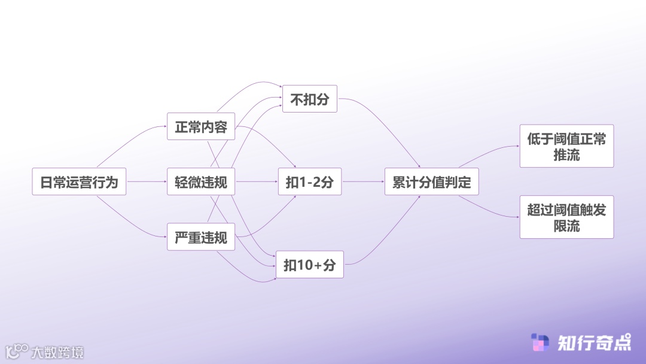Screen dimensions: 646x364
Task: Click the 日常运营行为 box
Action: [x=79, y=181]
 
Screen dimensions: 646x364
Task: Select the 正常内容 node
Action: [x=201, y=126]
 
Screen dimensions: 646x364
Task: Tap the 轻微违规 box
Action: [x=201, y=181]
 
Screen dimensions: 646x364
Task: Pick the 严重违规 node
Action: [x=201, y=236]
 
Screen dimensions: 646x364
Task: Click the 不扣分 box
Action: [x=309, y=99]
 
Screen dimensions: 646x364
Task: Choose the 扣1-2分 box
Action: [x=309, y=181]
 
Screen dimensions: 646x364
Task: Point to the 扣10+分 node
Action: [x=309, y=264]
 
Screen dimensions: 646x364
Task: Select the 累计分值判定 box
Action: [x=431, y=181]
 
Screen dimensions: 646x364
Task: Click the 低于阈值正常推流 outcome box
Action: [x=566, y=146]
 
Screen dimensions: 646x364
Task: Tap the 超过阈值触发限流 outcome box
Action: [x=566, y=217]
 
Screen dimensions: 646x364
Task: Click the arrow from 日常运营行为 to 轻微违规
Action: [x=147, y=181]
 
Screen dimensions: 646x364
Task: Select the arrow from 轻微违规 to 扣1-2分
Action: [x=256, y=181]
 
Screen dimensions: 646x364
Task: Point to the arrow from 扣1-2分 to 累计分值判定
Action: [x=362, y=181]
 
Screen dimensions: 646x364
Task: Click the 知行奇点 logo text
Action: [x=594, y=343]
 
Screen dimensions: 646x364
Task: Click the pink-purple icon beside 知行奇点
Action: [x=540, y=343]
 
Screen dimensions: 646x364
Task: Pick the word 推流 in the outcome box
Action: [x=566, y=155]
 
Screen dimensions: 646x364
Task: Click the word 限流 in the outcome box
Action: [x=566, y=226]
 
